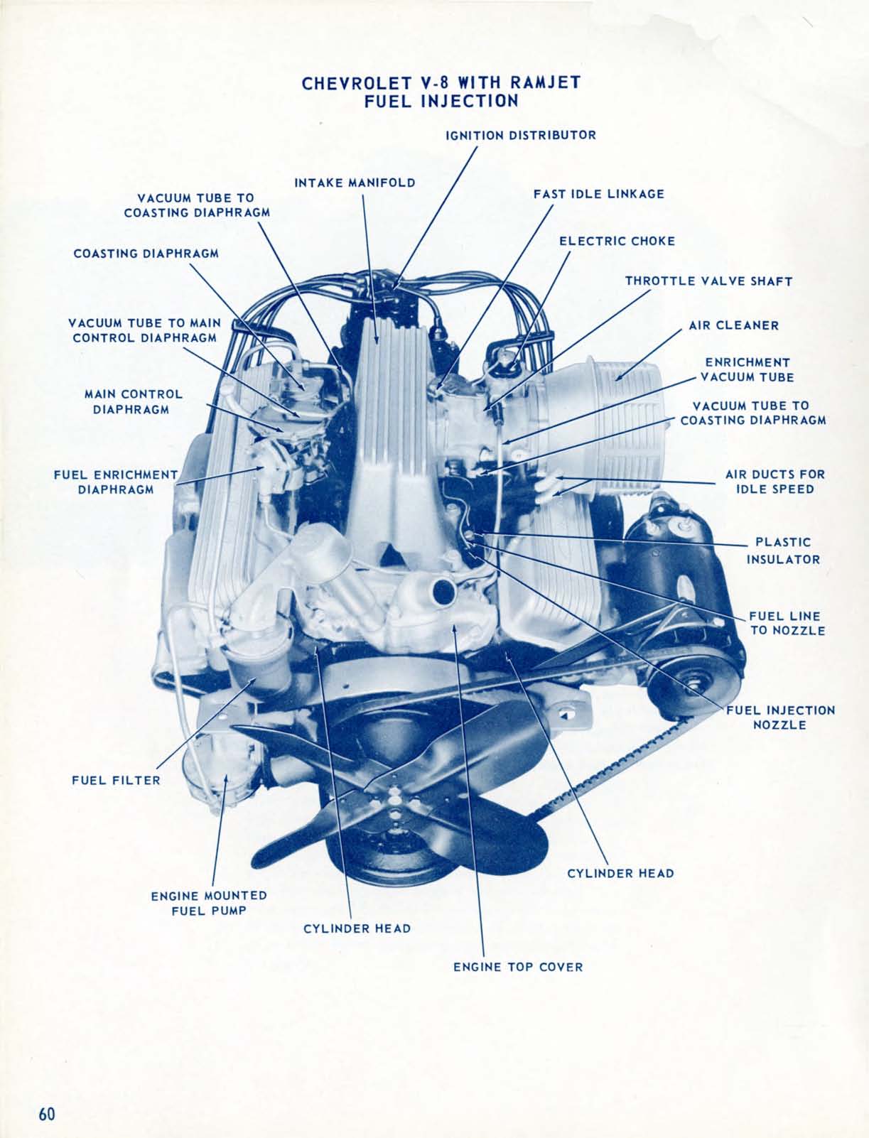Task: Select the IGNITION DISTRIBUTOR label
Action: pos(520,134)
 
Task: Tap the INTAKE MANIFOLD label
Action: pos(355,183)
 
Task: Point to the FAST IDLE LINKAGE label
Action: pos(598,193)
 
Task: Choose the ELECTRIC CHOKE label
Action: pos(617,241)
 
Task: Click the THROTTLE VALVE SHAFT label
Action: pos(708,281)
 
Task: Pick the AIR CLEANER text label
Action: pos(733,325)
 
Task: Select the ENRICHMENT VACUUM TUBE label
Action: pos(747,369)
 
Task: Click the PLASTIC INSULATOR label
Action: pos(783,551)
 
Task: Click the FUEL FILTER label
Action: pos(116,780)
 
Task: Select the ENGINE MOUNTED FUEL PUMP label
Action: pos(209,902)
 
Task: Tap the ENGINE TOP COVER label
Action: pos(518,967)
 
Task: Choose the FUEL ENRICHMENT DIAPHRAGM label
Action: pos(115,482)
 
